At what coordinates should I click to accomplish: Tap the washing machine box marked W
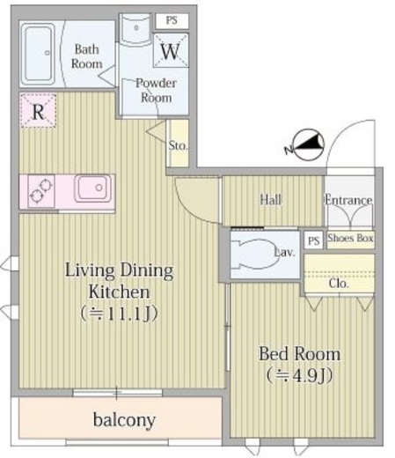(x=171, y=50)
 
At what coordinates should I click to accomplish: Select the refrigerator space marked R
(x=38, y=110)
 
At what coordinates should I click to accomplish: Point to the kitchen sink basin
(x=93, y=188)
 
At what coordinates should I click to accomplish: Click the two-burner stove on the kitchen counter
(x=41, y=191)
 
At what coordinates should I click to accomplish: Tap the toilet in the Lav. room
(x=254, y=254)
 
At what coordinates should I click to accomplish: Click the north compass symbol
(x=306, y=145)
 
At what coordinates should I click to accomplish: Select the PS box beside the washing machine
(x=172, y=20)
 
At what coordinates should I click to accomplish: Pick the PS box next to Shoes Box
(x=313, y=240)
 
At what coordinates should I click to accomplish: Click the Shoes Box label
(x=350, y=238)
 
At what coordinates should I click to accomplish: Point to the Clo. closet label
(x=339, y=284)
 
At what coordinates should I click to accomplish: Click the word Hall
(x=271, y=200)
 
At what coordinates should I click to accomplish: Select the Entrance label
(x=348, y=200)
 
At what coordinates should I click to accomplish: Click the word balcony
(x=124, y=420)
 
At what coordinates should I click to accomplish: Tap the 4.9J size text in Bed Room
(x=299, y=375)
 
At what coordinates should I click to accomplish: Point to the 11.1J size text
(x=120, y=314)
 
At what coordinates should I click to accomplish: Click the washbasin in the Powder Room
(x=136, y=29)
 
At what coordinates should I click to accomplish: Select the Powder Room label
(x=156, y=91)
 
